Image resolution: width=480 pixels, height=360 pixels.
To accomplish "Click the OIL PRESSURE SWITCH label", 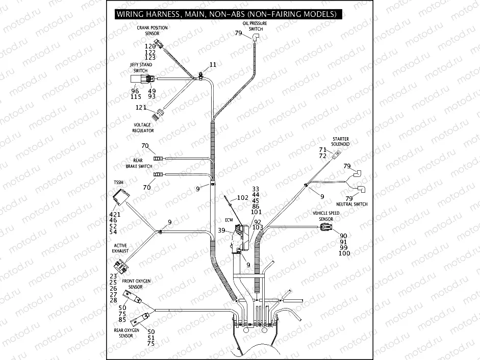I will [x=256, y=26].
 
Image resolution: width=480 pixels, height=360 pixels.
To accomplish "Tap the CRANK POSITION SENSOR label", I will [x=152, y=30].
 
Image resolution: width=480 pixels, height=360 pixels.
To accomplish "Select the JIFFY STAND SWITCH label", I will [x=140, y=68].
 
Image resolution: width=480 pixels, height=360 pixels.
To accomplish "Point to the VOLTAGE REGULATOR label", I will [x=143, y=127].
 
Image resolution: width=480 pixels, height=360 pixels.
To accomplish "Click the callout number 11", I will [x=213, y=65].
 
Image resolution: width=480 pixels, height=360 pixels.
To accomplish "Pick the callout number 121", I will [x=141, y=108].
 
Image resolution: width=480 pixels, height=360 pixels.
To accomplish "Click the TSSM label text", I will [x=118, y=182].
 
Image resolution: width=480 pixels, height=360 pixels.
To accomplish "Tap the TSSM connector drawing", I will [x=120, y=196].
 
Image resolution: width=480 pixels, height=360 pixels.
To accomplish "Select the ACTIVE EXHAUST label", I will [x=121, y=248].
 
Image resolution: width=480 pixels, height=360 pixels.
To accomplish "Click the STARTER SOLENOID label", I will [x=340, y=141].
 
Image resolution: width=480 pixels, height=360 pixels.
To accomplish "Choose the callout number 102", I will [x=243, y=198].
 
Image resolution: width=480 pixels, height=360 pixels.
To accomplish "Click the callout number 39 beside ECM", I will [x=221, y=231].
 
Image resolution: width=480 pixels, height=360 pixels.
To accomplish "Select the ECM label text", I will [x=229, y=221].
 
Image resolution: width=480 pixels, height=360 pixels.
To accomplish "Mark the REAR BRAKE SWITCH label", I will [x=139, y=163].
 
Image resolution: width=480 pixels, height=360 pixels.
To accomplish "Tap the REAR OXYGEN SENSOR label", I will [x=126, y=333].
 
